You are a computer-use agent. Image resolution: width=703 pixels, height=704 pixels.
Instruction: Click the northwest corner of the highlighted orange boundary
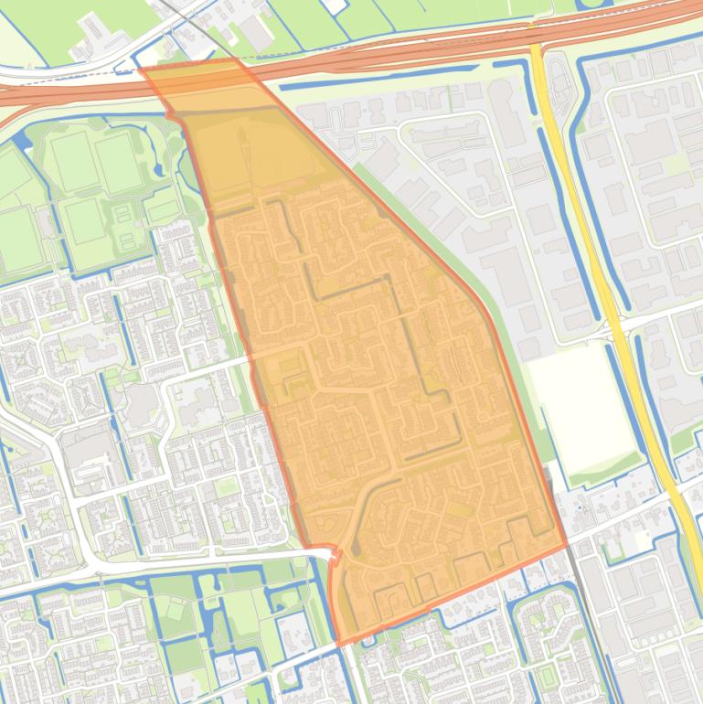pyautogui.click(x=140, y=69)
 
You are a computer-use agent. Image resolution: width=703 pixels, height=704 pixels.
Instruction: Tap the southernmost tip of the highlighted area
pyautogui.click(x=340, y=645)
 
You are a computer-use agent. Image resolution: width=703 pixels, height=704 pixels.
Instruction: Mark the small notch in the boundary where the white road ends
pyautogui.click(x=334, y=555)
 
